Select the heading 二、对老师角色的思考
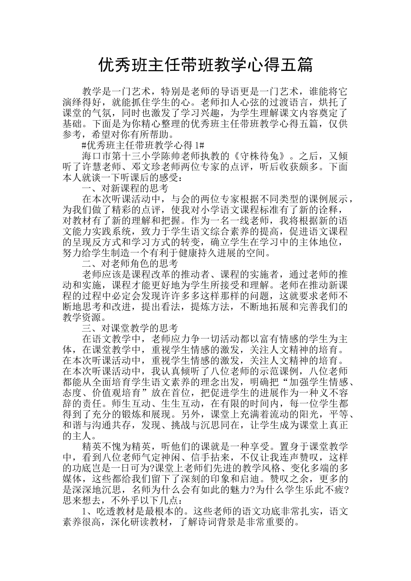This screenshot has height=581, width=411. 130,263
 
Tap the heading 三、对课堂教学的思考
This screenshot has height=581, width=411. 130,328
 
